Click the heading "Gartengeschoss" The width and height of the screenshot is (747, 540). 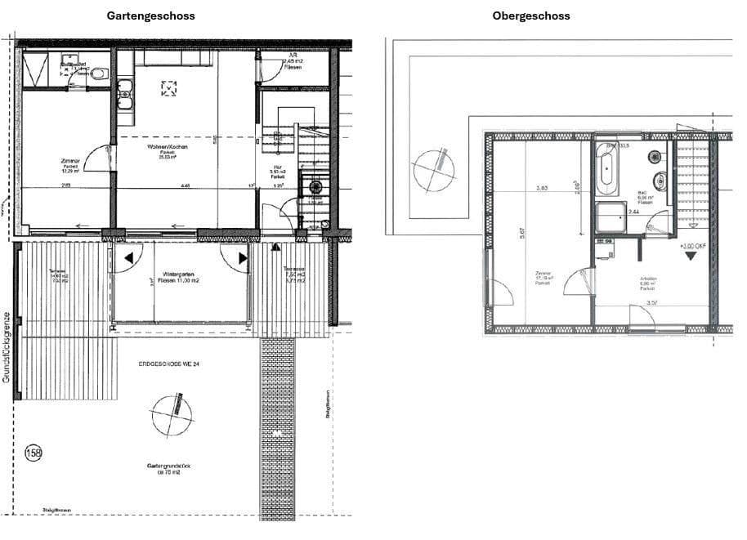click(x=151, y=16)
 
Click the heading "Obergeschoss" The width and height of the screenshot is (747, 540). click(x=530, y=16)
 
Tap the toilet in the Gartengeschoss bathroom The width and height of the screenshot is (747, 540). click(x=99, y=74)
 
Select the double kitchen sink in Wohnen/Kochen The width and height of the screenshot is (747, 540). click(x=125, y=98)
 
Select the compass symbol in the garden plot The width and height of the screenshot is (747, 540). click(x=172, y=415)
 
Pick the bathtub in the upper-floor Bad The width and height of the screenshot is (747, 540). click(x=607, y=166)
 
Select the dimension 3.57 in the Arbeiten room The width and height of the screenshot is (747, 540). click(x=652, y=302)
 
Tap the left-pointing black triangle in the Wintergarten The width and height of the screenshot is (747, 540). click(x=129, y=261)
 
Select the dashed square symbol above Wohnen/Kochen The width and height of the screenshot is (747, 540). click(x=169, y=88)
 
